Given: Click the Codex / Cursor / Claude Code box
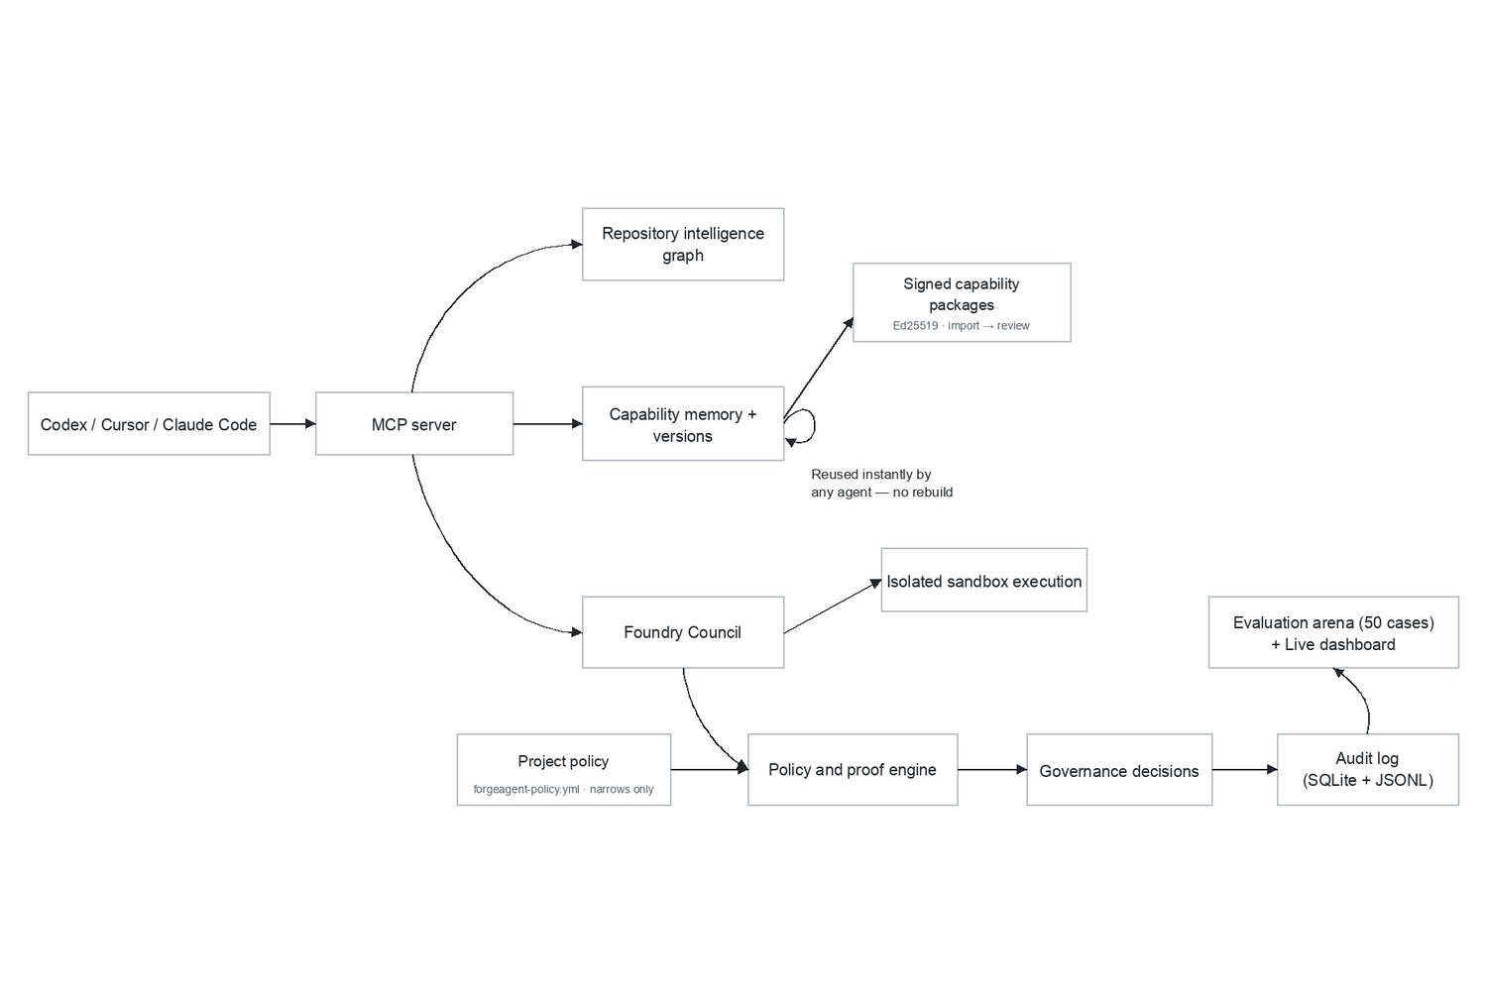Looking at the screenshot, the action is (149, 423).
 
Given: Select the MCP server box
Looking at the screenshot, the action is (414, 423).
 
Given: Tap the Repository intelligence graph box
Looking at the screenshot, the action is (683, 244).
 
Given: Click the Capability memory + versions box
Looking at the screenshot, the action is (683, 423).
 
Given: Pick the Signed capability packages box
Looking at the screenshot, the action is (962, 302).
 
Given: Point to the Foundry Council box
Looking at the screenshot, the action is (683, 632).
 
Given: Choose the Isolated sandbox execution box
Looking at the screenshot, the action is (984, 580).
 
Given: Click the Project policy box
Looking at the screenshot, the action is (564, 770).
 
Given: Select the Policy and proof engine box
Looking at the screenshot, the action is (853, 770).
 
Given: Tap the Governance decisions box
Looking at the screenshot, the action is (1119, 770).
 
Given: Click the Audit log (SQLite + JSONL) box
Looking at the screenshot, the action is (1368, 770).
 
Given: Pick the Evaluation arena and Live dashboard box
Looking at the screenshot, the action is (1333, 632).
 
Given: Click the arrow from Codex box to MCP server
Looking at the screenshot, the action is (292, 423).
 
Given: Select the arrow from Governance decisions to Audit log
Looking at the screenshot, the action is (1245, 770).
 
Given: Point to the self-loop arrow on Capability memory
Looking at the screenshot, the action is (815, 425).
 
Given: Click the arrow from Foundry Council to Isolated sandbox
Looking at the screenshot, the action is (833, 606).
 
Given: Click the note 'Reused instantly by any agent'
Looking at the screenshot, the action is (881, 484).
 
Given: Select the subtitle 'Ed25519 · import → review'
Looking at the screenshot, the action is (962, 326).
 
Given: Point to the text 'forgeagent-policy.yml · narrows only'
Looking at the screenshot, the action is (564, 789).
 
